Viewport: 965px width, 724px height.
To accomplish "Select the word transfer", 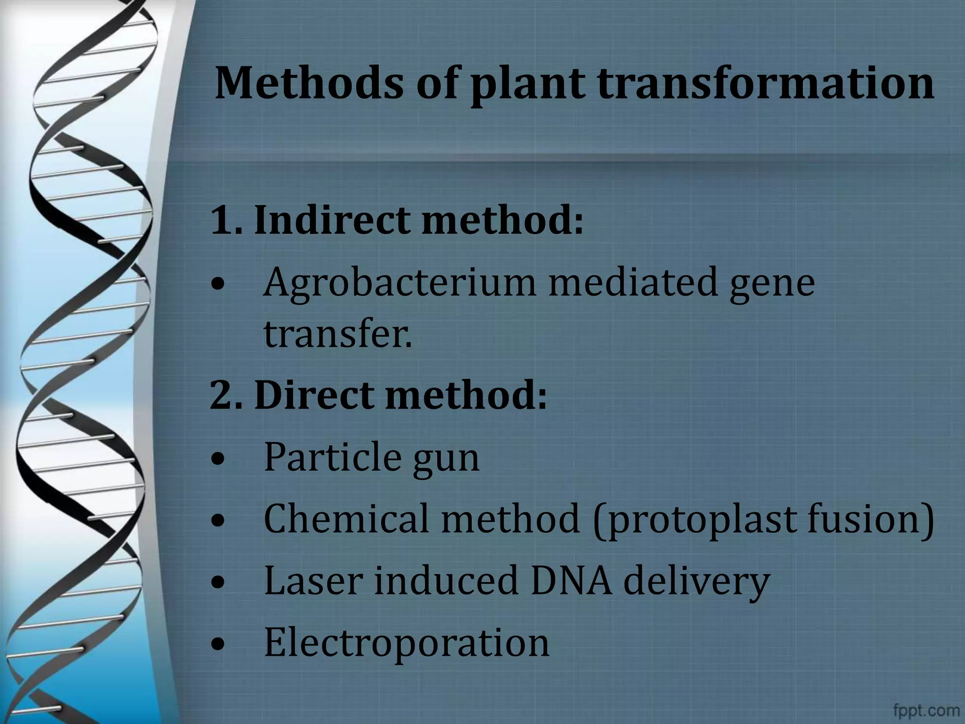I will point(336,334).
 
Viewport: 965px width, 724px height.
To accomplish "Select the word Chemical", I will point(347,518).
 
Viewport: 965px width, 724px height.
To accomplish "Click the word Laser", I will point(313,580).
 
